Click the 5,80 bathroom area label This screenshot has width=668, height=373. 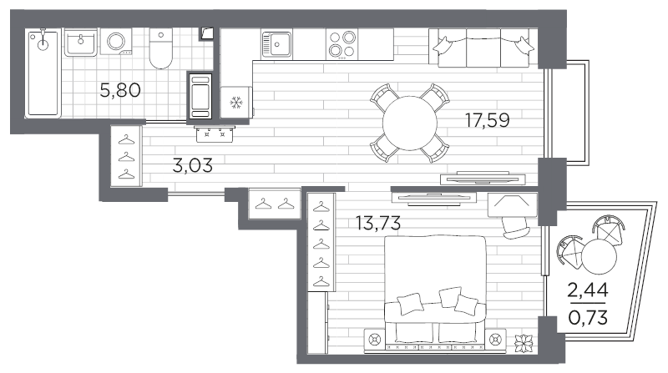tap(120, 90)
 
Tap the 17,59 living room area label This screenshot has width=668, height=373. tap(488, 120)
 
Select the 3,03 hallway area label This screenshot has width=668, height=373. tap(193, 165)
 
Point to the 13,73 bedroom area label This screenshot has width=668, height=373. tap(378, 223)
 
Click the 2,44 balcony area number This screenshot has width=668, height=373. tap(588, 290)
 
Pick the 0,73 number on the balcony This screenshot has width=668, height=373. tap(588, 318)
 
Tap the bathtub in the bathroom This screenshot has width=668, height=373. tap(43, 73)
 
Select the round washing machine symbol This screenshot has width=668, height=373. tap(116, 42)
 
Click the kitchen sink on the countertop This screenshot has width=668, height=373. tap(277, 44)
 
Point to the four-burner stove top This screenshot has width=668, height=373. tap(342, 44)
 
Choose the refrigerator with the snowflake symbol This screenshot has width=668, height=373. tap(236, 102)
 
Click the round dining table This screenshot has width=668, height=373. tap(410, 123)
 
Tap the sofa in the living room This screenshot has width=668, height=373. tap(483, 48)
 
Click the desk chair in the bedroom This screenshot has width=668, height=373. tap(515, 229)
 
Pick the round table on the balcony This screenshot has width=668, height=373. tap(599, 256)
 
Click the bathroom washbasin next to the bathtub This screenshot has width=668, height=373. tap(81, 43)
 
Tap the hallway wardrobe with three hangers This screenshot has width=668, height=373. tap(126, 156)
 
